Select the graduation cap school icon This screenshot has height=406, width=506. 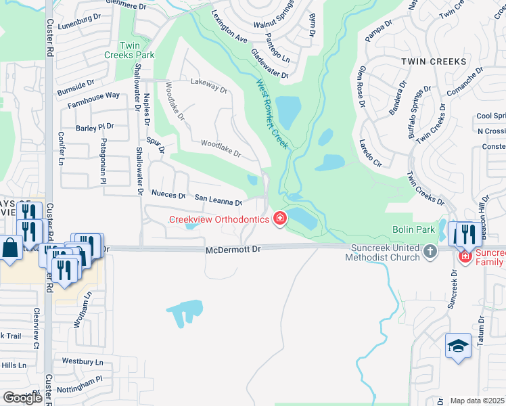point(457,346)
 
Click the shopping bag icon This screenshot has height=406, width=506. point(11,248)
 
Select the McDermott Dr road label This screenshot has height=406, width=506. point(233,250)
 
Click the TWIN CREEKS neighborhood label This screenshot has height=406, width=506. point(434,62)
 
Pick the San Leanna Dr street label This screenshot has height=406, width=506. point(218,201)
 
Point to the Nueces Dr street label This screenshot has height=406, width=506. point(168,195)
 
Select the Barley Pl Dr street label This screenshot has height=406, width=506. point(95,127)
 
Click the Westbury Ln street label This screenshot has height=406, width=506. point(82,362)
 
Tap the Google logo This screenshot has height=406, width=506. point(22,398)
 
